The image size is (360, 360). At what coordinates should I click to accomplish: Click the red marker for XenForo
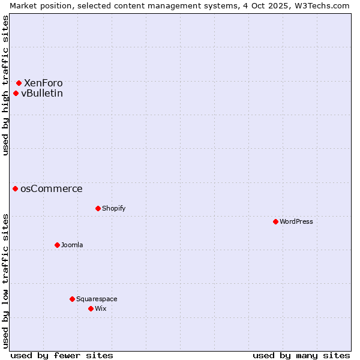pyautogui.click(x=19, y=83)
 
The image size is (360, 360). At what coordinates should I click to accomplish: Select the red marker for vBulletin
pyautogui.click(x=16, y=93)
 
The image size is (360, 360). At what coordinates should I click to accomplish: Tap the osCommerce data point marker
pyautogui.click(x=16, y=188)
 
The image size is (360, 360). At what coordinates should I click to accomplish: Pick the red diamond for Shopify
pyautogui.click(x=98, y=208)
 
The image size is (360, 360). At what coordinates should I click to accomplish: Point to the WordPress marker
pyautogui.click(x=275, y=221)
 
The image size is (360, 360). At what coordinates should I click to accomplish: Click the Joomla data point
pyautogui.click(x=57, y=245)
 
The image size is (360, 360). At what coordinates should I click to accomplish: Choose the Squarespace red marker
pyautogui.click(x=72, y=299)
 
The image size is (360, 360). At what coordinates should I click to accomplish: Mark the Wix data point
pyautogui.click(x=91, y=308)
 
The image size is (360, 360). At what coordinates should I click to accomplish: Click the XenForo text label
pyautogui.click(x=43, y=83)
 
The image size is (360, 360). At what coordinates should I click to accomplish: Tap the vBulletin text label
pyautogui.click(x=42, y=93)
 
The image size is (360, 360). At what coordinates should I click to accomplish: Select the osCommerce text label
pyautogui.click(x=52, y=188)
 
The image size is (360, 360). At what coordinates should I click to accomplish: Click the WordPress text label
pyautogui.click(x=296, y=221)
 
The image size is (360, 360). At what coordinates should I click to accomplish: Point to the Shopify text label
pyautogui.click(x=114, y=208)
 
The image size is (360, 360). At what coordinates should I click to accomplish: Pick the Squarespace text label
pyautogui.click(x=97, y=299)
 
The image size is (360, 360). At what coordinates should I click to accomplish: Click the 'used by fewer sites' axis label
pyautogui.click(x=62, y=355)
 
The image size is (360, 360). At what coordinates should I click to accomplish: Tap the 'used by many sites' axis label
pyautogui.click(x=301, y=355)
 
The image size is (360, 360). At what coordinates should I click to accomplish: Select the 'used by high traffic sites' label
pyautogui.click(x=5, y=85)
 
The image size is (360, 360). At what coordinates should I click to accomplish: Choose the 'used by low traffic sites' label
pyautogui.click(x=5, y=281)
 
